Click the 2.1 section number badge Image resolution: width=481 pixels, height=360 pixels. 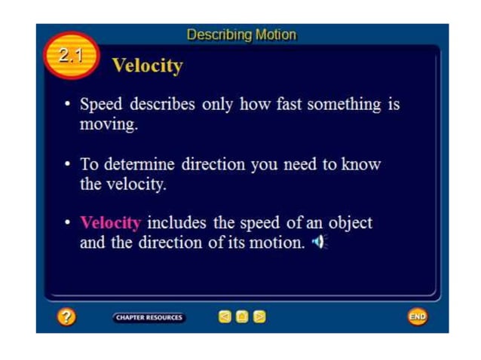click(70, 54)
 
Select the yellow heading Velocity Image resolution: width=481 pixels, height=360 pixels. click(147, 66)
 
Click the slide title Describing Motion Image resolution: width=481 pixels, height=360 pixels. click(241, 35)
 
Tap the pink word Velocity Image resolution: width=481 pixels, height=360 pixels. click(110, 223)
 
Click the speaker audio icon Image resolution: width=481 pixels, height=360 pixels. click(319, 243)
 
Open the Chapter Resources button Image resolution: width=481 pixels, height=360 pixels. click(149, 317)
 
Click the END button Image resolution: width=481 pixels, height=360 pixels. click(417, 317)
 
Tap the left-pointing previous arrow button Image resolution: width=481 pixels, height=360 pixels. click(225, 317)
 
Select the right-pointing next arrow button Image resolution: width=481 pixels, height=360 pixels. click(259, 317)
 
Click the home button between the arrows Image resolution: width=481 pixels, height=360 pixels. click(242, 317)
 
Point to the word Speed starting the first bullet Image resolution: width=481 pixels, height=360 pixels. click(100, 105)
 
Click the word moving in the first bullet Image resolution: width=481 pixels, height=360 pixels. click(109, 124)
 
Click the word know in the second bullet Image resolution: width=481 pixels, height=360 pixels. click(363, 164)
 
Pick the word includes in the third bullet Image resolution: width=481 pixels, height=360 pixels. click(175, 223)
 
